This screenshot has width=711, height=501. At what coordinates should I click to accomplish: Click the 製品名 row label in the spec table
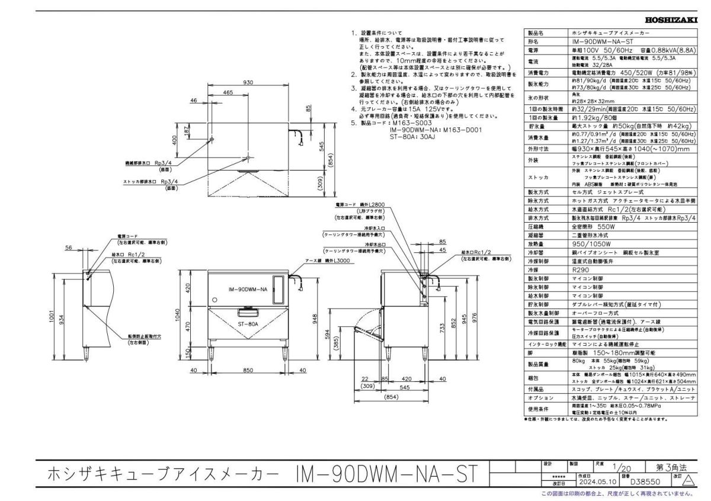[x=536, y=34]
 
